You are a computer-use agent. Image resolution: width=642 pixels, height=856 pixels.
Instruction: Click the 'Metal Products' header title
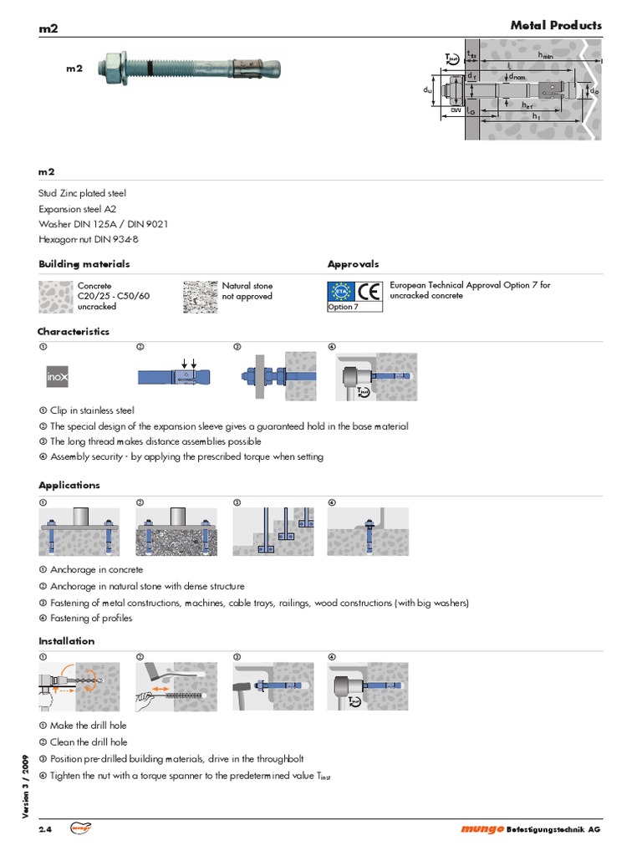coord(556,26)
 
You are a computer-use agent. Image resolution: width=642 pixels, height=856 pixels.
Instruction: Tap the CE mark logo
coord(369,292)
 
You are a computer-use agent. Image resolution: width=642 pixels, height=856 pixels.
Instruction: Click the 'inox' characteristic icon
coord(58,377)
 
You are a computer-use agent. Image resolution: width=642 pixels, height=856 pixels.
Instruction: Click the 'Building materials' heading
coord(84,264)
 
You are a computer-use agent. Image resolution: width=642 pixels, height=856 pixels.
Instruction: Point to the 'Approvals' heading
coord(353,264)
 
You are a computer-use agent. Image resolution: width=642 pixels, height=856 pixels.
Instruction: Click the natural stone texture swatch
coord(200,296)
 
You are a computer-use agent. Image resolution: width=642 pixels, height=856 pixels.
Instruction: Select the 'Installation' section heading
coord(67,641)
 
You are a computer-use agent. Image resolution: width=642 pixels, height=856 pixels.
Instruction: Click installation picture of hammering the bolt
coord(273,686)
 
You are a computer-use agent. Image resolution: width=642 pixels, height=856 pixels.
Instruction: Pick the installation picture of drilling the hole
coord(79,686)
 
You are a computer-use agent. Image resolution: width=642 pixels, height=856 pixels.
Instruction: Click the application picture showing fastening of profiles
coord(368,532)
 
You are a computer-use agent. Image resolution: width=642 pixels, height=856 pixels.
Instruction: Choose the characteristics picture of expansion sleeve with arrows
coord(176,377)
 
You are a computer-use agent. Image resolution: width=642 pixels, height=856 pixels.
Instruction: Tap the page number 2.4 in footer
coord(45,829)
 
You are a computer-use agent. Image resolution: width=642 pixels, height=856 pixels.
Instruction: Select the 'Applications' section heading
coord(69,485)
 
